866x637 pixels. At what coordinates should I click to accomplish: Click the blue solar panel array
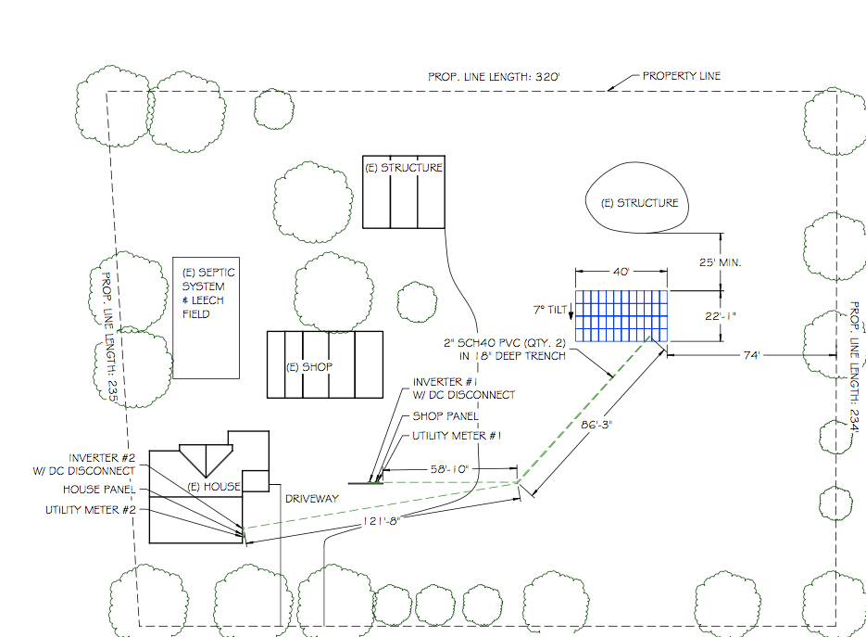point(621,315)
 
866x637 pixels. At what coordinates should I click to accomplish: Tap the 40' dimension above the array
point(621,272)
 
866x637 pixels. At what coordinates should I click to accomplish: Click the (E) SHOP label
point(308,367)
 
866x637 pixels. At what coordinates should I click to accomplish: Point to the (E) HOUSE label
point(214,487)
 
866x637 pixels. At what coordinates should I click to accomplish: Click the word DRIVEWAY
point(310,499)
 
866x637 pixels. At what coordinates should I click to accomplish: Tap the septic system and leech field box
point(207,317)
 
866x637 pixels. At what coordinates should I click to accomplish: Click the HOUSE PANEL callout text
point(99,490)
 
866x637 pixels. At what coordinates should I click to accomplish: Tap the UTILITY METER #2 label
point(91,510)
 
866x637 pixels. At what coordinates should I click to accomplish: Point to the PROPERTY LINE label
point(681,76)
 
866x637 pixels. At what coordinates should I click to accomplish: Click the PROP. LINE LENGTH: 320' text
point(494,78)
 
